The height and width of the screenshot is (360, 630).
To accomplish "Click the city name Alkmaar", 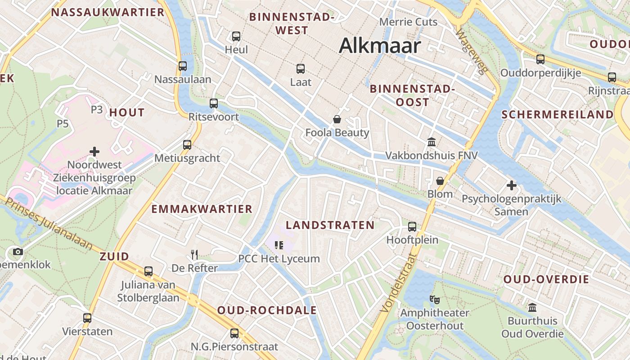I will click(380, 45).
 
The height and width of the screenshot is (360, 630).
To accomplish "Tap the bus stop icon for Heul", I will click(236, 36).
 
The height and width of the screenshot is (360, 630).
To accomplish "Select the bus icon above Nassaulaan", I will click(183, 66).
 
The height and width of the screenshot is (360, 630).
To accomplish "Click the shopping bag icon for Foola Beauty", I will click(337, 119).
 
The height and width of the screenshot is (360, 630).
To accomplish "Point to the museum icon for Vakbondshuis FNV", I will click(432, 142).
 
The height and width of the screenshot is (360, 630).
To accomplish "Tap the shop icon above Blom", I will click(440, 181).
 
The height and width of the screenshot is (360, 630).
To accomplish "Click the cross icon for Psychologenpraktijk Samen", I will click(511, 185).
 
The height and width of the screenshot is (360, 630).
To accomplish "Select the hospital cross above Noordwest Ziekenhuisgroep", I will click(94, 152).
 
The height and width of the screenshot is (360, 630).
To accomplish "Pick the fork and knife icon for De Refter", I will click(194, 255).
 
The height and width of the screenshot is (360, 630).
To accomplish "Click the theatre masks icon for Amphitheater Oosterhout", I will click(434, 299).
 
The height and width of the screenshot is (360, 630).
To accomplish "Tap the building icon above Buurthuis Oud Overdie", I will click(532, 308).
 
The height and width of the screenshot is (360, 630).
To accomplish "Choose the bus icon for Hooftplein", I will click(412, 226).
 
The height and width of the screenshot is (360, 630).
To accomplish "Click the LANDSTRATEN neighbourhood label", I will click(330, 225).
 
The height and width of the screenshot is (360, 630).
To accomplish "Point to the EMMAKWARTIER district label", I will click(202, 209).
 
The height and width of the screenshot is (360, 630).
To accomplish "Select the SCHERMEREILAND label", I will click(558, 114).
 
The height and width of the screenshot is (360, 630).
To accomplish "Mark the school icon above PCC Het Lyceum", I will click(279, 245).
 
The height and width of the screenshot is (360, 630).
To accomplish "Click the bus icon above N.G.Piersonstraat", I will click(234, 333).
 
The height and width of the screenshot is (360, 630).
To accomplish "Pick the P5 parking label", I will click(63, 123).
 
